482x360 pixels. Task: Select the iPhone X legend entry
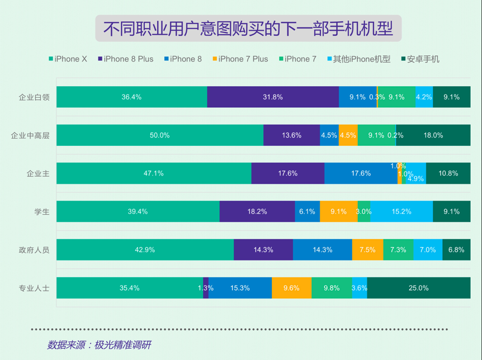[x=68, y=59]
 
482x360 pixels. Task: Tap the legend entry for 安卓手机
[x=420, y=59]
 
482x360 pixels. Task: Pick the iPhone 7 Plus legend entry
[x=240, y=59]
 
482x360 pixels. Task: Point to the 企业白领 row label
[x=34, y=97]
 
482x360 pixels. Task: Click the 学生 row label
[x=41, y=212]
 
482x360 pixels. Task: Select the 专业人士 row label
[x=34, y=288]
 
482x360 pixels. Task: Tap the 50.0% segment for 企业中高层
[x=160, y=135]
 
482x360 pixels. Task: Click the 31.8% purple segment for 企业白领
[x=273, y=97]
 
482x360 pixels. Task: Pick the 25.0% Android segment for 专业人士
[x=419, y=288]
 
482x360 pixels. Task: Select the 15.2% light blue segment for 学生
[x=401, y=212]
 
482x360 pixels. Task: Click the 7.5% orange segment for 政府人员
[x=367, y=250]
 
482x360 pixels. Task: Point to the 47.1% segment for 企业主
[x=154, y=173]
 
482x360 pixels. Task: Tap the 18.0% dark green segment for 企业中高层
[x=433, y=135]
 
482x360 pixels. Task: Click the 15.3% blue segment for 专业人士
[x=240, y=288]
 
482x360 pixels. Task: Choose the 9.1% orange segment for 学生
[x=338, y=212]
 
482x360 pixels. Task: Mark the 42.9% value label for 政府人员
[x=145, y=250]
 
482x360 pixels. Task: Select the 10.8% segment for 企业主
[x=448, y=173]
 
